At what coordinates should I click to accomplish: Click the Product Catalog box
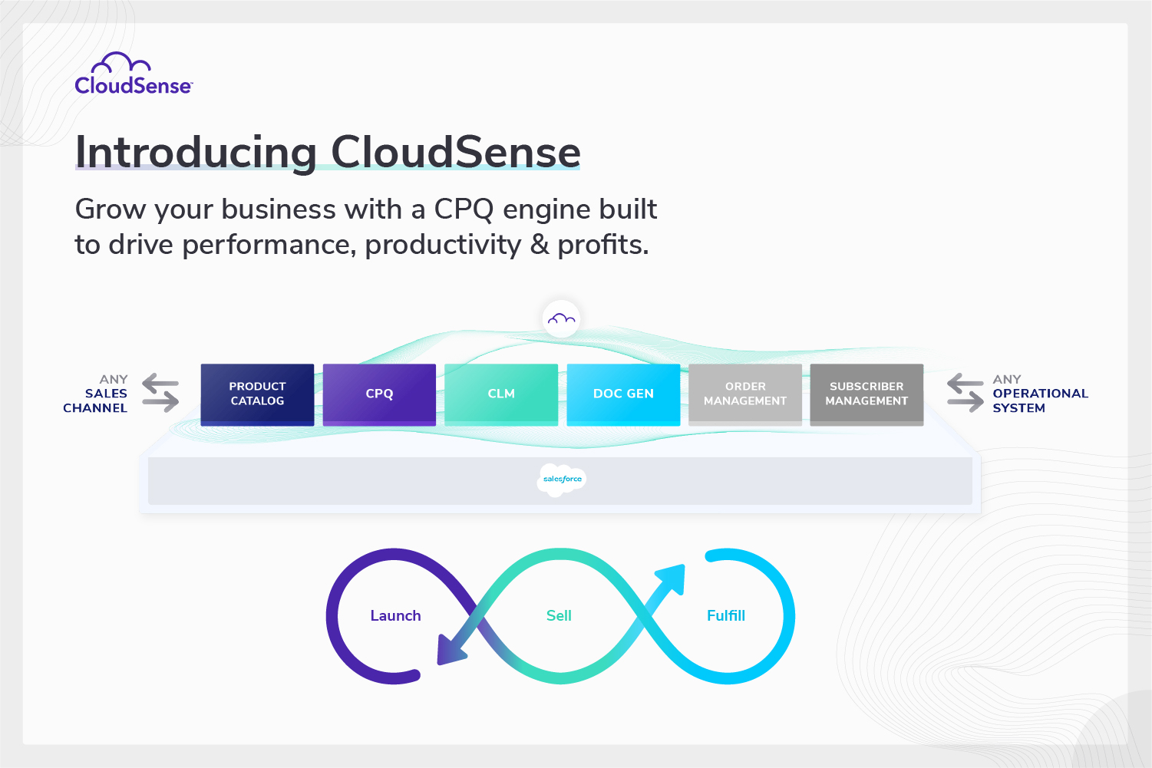coord(257,394)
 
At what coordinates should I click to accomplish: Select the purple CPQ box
coord(379,394)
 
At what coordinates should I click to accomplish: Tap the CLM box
coord(501,394)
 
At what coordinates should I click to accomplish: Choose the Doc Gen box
coord(623,394)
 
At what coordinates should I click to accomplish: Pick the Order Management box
coord(745,394)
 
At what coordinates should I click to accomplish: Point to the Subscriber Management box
coord(866,394)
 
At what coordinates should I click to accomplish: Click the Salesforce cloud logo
coord(562,480)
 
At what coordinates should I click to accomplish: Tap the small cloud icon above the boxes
coord(561,318)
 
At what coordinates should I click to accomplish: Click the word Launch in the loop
coord(395,616)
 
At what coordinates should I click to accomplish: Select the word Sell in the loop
coord(559,616)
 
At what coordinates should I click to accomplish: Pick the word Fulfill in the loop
coord(725,616)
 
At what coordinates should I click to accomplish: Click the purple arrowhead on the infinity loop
coord(450,650)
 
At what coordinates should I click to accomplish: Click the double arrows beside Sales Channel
coord(160,393)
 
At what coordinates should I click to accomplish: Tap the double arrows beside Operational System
coord(965,393)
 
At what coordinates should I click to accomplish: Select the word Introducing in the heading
coord(196,152)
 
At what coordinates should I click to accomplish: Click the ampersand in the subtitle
coord(540,245)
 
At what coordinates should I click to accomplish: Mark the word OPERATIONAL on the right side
coord(1040,394)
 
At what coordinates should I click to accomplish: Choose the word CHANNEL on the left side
coord(95,408)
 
